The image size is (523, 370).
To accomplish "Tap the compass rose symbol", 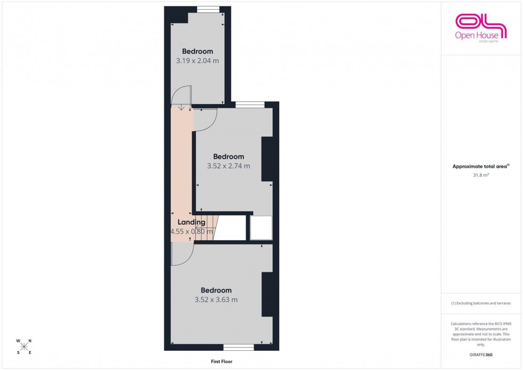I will pos(24,347).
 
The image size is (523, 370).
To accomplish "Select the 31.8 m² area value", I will pos(480,174).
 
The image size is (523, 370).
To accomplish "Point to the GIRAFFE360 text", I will pos(480,355).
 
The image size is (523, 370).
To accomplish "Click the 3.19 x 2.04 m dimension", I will pos(197,60).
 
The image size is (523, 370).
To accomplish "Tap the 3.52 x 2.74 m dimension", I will pos(228,166).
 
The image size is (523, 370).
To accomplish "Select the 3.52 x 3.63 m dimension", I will pos(216,300).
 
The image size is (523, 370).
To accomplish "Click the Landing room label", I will pos(191,223).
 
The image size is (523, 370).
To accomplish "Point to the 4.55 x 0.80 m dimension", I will pos(192,232).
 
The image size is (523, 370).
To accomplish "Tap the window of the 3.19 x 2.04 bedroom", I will pos(208,9).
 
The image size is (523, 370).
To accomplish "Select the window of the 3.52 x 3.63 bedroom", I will pos(239,348).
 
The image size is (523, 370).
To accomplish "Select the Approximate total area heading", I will pos(480,166).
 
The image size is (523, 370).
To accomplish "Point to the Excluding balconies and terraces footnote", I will pos(480,303).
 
